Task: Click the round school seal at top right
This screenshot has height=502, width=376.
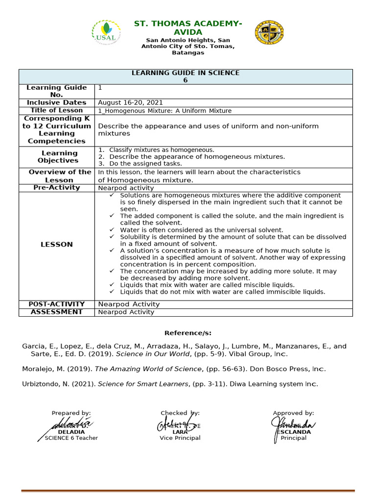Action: click(x=269, y=33)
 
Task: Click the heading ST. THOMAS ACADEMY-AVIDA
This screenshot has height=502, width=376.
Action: click(x=188, y=28)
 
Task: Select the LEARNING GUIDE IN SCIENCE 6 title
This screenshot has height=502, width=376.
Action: click(x=186, y=76)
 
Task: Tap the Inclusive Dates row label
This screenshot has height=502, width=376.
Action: click(x=57, y=102)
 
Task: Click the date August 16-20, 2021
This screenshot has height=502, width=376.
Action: click(x=130, y=102)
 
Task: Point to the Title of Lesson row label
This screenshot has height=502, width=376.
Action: click(x=57, y=110)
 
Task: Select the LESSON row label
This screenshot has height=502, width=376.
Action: click(x=57, y=244)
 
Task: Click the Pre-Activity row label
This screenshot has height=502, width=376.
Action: click(x=57, y=188)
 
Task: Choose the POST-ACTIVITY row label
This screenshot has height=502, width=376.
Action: click(x=57, y=304)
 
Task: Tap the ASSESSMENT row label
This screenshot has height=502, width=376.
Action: click(x=57, y=312)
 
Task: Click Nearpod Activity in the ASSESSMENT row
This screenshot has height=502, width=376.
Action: click(x=126, y=312)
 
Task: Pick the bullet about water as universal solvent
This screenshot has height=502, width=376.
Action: click(x=202, y=230)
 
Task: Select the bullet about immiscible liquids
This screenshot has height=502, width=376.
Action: click(x=223, y=292)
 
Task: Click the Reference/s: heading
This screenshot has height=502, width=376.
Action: click(x=188, y=333)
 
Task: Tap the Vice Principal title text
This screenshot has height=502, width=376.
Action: click(x=180, y=438)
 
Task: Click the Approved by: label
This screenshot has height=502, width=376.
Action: click(x=293, y=413)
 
